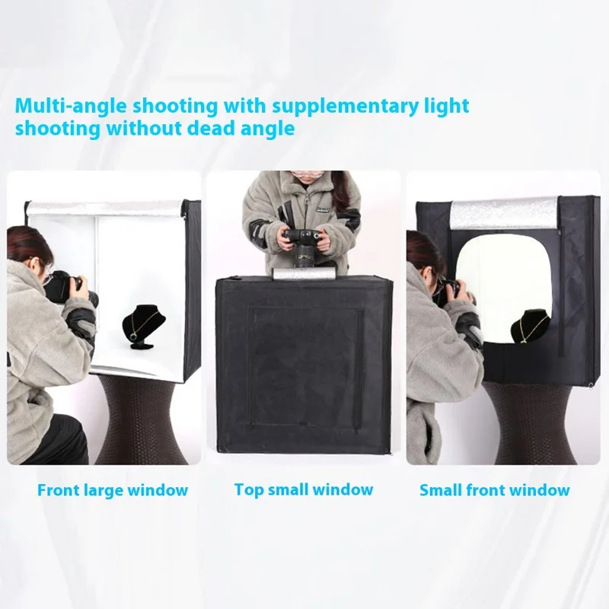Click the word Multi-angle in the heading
pos(71,106)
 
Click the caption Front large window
pos(113,490)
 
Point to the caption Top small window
pos(304,489)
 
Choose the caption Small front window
pos(494,490)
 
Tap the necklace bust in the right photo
pos(529,327)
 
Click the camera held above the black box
pos(304,247)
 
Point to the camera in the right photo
pos(451,292)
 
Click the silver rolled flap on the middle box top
pos(304,273)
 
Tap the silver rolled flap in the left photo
pos(105,208)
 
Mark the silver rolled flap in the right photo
pos(504,213)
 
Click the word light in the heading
pos(446,107)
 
